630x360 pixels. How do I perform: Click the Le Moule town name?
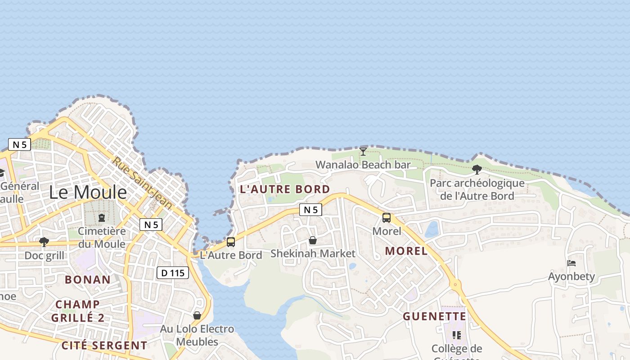pos(88,193)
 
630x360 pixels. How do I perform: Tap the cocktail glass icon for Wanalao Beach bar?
pos(363,151)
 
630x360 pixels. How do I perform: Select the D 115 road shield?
pos(173,273)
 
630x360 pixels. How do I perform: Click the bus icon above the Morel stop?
pos(386,218)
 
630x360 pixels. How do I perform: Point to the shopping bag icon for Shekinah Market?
pos(313,241)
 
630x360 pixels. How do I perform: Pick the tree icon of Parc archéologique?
pos(477,170)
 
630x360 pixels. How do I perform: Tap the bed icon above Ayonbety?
pos(571,263)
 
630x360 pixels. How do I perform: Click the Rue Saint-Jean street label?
pos(142,183)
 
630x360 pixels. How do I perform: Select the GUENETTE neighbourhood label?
pos(434,316)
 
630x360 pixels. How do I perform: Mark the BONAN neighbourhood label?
pos(88,279)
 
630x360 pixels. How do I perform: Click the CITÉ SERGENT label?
pos(104,346)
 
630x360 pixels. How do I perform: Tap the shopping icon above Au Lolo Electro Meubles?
pos(197,315)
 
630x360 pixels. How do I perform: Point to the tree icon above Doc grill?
pos(44,242)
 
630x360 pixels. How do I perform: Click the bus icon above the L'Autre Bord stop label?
pos(231,242)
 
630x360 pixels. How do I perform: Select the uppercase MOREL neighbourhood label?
pos(406,251)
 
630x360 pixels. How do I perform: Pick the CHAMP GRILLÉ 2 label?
pos(78,311)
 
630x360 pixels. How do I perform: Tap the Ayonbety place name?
pos(571,276)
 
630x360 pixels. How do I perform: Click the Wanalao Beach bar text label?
pos(363,165)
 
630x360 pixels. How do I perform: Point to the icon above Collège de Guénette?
pos(457,335)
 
